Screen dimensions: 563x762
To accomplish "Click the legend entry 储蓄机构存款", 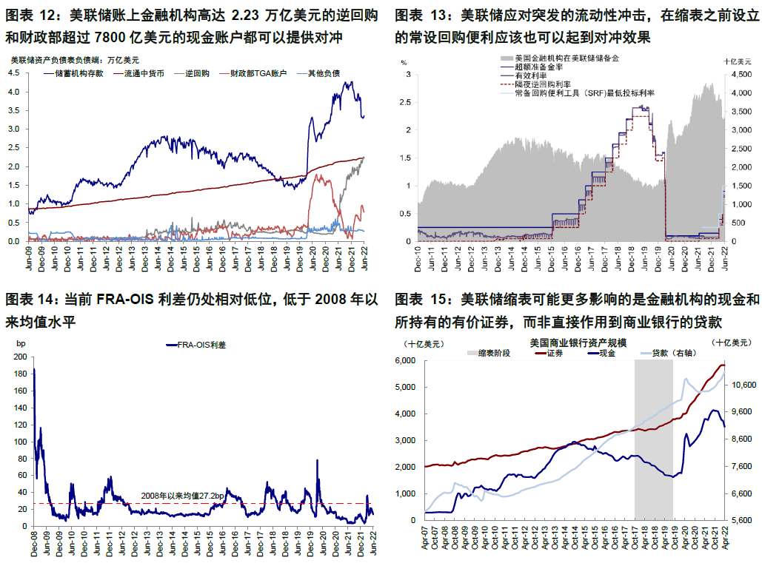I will pyautogui.click(x=78, y=74).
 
